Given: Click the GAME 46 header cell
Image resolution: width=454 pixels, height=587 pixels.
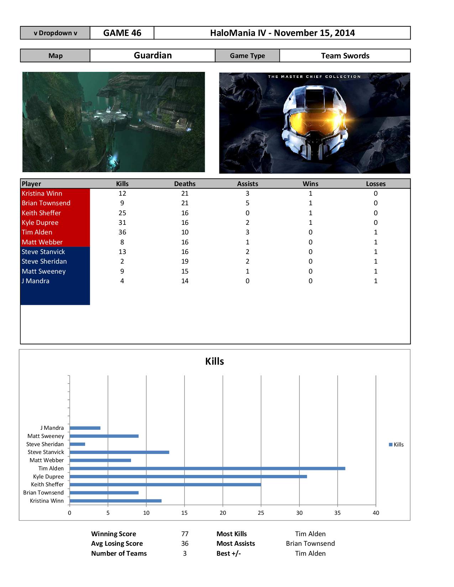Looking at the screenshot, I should [x=122, y=33].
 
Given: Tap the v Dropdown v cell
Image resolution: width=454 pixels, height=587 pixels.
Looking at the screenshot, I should [x=55, y=33].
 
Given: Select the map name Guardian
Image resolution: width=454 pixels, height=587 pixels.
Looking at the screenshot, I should [x=153, y=55].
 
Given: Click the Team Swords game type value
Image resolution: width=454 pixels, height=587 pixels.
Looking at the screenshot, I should [x=345, y=56].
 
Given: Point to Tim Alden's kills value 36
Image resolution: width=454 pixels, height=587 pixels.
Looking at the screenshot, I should [x=122, y=232].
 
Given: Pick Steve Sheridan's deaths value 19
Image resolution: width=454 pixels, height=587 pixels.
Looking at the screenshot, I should [x=185, y=261].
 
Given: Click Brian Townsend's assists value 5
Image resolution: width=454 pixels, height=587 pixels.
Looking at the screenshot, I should [x=247, y=203].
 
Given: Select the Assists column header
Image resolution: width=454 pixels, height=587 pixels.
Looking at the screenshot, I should [x=247, y=184].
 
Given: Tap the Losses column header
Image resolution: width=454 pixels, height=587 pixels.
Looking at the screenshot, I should [x=376, y=184].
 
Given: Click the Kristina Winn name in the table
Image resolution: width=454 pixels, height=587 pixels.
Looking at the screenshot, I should [x=42, y=194].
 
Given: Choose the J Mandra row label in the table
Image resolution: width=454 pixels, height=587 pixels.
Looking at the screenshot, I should [x=36, y=281].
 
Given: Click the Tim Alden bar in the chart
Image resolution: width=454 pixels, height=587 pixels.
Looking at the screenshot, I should [x=207, y=469].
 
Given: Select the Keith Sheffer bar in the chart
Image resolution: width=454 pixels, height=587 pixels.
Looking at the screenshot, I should [x=165, y=485].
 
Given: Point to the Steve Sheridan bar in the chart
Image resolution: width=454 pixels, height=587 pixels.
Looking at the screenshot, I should [x=77, y=444].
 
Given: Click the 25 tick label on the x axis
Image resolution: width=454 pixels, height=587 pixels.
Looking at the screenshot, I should [x=261, y=513].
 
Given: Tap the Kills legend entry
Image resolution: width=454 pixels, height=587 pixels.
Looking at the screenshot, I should [x=396, y=445].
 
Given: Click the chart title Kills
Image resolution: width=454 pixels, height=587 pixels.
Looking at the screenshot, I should [x=214, y=361].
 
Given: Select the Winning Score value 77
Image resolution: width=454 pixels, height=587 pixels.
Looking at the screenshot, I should [x=185, y=534].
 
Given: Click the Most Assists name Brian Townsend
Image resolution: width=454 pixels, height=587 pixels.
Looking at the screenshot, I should [x=310, y=544].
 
